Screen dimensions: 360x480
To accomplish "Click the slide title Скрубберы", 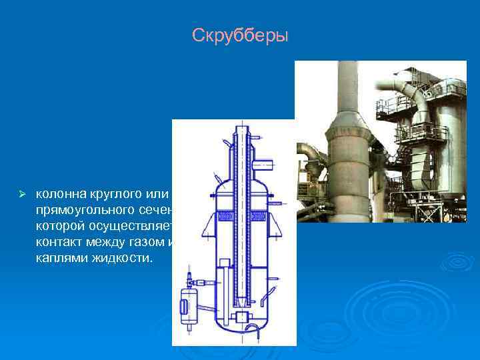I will pyautogui.click(x=240, y=35).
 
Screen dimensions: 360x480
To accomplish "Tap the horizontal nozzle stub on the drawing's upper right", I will pyautogui.click(x=264, y=161).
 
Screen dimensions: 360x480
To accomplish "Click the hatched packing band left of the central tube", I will pyautogui.click(x=224, y=215).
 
